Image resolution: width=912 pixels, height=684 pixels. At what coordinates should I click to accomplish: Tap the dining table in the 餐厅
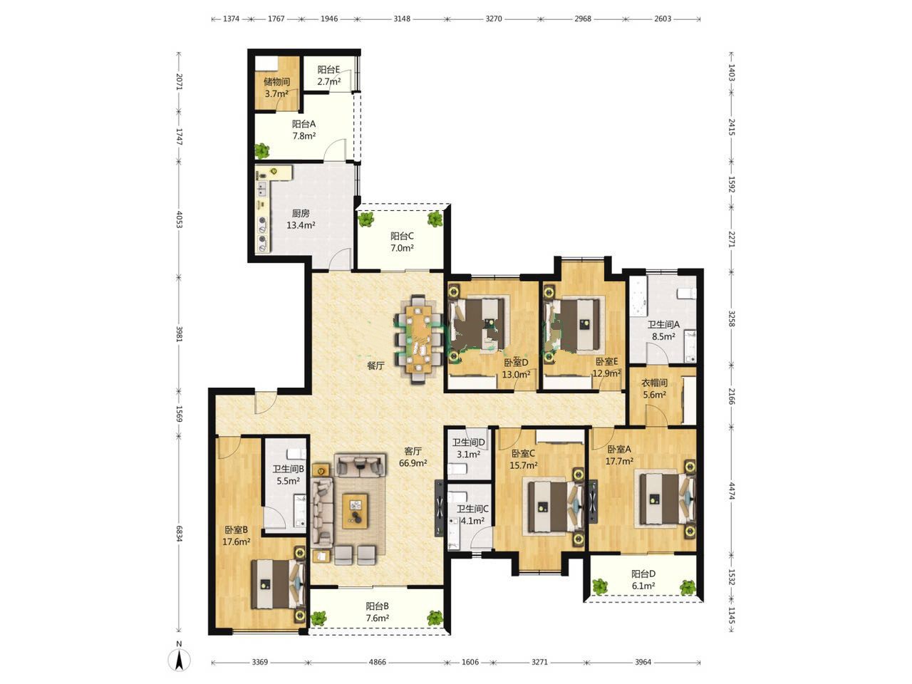click(x=419, y=339)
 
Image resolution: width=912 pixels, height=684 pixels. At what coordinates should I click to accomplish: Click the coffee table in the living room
click(x=356, y=511)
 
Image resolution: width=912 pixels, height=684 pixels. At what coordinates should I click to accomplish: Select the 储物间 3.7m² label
click(x=276, y=88)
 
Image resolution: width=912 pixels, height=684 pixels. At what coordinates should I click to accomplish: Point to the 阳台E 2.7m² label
click(x=328, y=76)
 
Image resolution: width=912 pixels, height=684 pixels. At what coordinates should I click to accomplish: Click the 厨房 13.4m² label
click(x=301, y=219)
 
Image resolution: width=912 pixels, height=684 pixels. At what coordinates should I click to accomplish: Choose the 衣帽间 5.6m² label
click(x=654, y=388)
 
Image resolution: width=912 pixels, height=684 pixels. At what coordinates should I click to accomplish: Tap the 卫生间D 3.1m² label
click(x=469, y=449)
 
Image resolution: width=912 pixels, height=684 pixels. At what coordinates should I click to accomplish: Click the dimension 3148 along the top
click(x=402, y=19)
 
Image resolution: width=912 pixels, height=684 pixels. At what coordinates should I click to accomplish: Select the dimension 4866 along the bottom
click(x=377, y=662)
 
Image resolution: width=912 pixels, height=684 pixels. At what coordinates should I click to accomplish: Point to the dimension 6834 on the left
click(x=179, y=534)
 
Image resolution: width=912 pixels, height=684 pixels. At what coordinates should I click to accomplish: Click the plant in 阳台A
click(x=262, y=150)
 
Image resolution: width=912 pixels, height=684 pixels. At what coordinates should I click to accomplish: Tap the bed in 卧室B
click(x=278, y=584)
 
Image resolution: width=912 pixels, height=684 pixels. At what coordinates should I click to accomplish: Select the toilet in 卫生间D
click(x=458, y=470)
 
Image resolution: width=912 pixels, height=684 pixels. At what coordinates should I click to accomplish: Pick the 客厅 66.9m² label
click(x=413, y=457)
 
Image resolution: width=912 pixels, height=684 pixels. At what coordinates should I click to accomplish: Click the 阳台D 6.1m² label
click(x=643, y=580)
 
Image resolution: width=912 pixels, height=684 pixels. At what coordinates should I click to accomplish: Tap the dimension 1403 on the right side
click(x=731, y=73)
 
